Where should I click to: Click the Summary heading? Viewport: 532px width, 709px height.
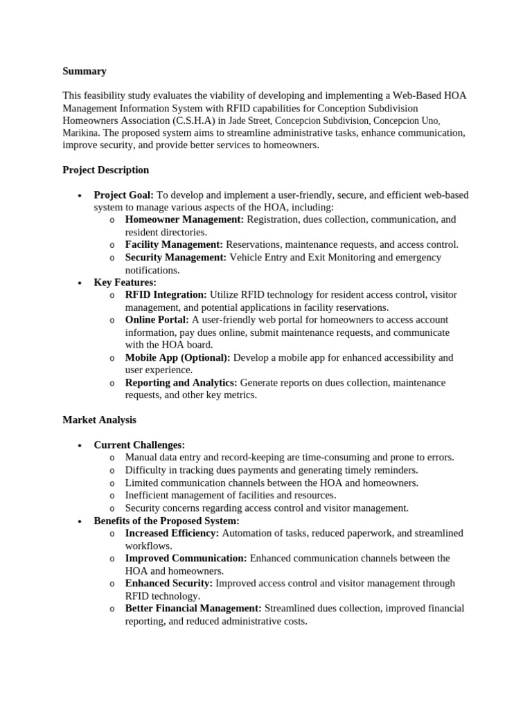85,71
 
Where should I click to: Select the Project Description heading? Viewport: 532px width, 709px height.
105,170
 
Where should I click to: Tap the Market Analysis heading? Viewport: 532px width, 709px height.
99,420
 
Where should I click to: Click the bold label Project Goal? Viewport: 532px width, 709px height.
124,195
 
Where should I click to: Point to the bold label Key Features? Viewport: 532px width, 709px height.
125,282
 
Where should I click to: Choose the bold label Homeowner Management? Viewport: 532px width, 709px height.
184,219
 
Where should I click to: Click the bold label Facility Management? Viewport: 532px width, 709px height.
174,244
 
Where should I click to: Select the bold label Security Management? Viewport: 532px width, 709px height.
176,257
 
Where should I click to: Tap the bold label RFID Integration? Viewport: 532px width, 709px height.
166,295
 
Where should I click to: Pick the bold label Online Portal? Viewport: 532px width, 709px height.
157,320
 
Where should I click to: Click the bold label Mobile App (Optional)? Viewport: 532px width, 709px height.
178,358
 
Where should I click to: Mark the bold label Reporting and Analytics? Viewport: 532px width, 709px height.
181,383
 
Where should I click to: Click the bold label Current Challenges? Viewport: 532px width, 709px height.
139,445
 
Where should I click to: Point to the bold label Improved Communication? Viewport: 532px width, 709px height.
186,558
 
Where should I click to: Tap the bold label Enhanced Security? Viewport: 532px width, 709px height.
169,583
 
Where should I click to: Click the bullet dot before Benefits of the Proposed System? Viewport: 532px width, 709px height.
81,521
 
